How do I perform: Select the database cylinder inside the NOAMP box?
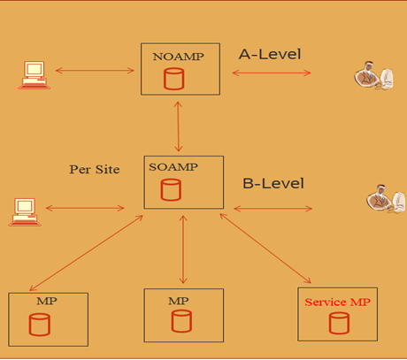click(x=174, y=80)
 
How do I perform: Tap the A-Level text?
click(x=270, y=54)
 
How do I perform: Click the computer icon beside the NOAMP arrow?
click(x=33, y=73)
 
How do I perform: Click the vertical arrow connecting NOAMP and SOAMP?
click(x=180, y=125)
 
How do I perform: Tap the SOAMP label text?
click(x=174, y=167)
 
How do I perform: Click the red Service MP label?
click(x=337, y=302)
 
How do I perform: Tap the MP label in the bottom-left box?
click(x=47, y=301)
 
